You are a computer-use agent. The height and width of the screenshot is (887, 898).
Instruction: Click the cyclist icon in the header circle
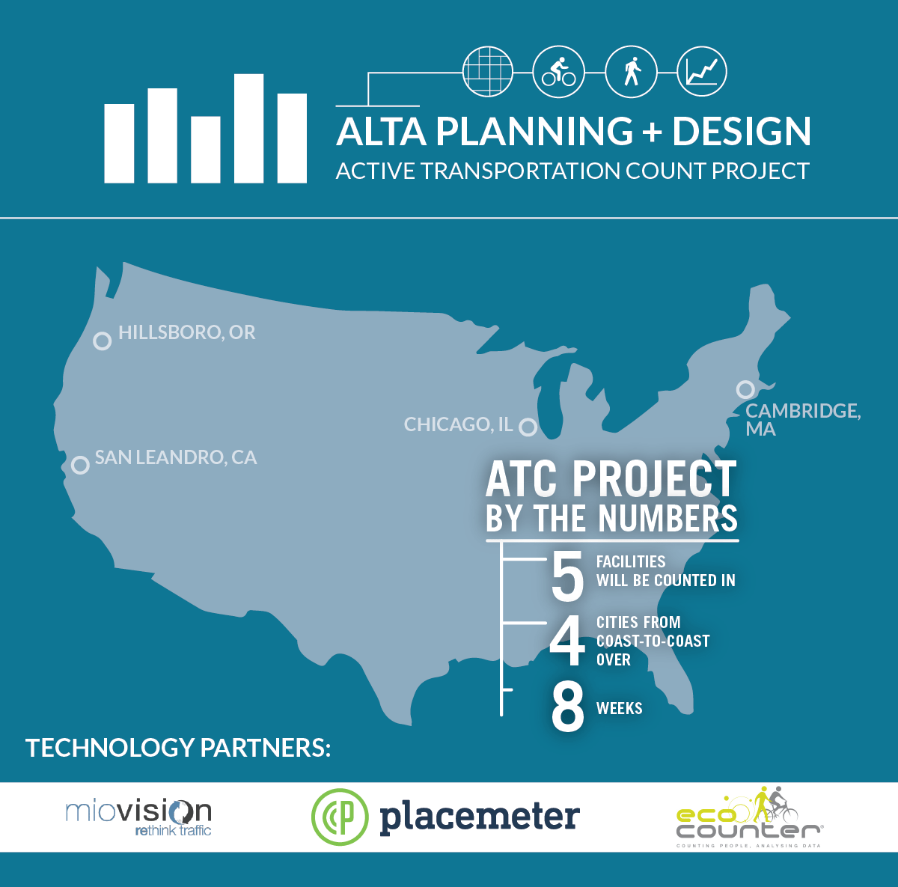559,72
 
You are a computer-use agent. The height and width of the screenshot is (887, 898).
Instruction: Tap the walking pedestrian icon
632,72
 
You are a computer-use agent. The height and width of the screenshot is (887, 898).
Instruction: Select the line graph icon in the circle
702,72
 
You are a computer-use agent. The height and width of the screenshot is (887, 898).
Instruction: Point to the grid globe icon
487,72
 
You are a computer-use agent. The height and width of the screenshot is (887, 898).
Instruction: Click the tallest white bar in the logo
249,128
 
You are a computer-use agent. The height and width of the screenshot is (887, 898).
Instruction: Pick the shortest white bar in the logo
206,149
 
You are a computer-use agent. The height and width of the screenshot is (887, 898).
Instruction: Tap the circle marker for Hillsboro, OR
102,341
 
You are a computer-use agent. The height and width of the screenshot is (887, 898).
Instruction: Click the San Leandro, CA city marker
80,465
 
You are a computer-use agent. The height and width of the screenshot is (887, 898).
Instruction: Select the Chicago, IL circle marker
528,427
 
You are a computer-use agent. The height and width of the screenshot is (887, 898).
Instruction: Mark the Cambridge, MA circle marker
745,389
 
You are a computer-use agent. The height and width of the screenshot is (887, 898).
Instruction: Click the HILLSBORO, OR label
187,332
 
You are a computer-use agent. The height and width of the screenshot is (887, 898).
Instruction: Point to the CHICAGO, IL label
459,424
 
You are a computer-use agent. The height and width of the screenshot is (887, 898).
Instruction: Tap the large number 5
567,575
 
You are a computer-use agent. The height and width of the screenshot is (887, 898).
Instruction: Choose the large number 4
567,641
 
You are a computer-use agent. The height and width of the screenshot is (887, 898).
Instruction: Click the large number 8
567,707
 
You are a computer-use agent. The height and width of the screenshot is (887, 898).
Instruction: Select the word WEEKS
620,708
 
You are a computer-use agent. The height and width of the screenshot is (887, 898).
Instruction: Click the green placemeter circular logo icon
340,817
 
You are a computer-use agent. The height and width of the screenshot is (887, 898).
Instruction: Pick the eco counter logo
749,817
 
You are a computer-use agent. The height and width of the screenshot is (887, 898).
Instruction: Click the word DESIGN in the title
742,131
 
